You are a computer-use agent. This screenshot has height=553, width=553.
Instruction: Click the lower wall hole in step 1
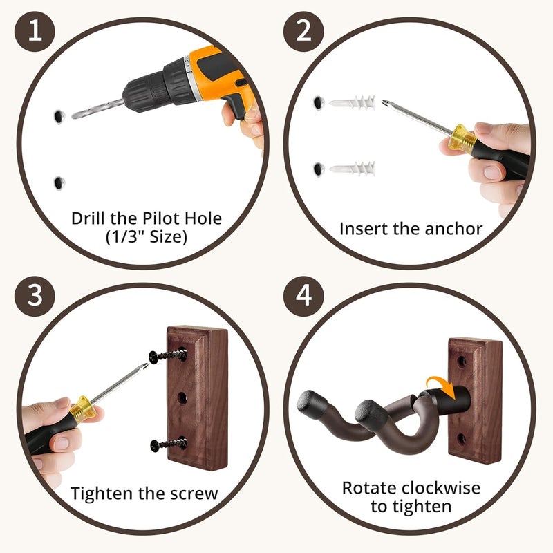click(x=59, y=183)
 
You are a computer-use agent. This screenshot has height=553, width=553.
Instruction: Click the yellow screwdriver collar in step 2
click(x=462, y=139)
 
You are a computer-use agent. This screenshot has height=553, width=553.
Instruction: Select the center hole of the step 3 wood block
click(x=182, y=398)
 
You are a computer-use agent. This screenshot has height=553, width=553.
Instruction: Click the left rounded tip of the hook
click(x=308, y=402)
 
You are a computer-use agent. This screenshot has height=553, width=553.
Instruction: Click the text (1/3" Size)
click(x=147, y=237)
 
